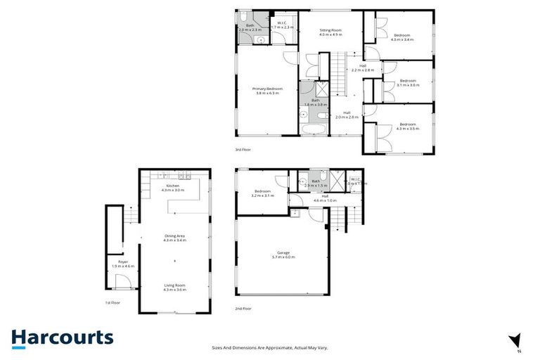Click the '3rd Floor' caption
(x=243, y=150)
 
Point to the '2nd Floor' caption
(x=243, y=307)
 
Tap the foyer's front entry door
(x=122, y=282)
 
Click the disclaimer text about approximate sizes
(x=270, y=347)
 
